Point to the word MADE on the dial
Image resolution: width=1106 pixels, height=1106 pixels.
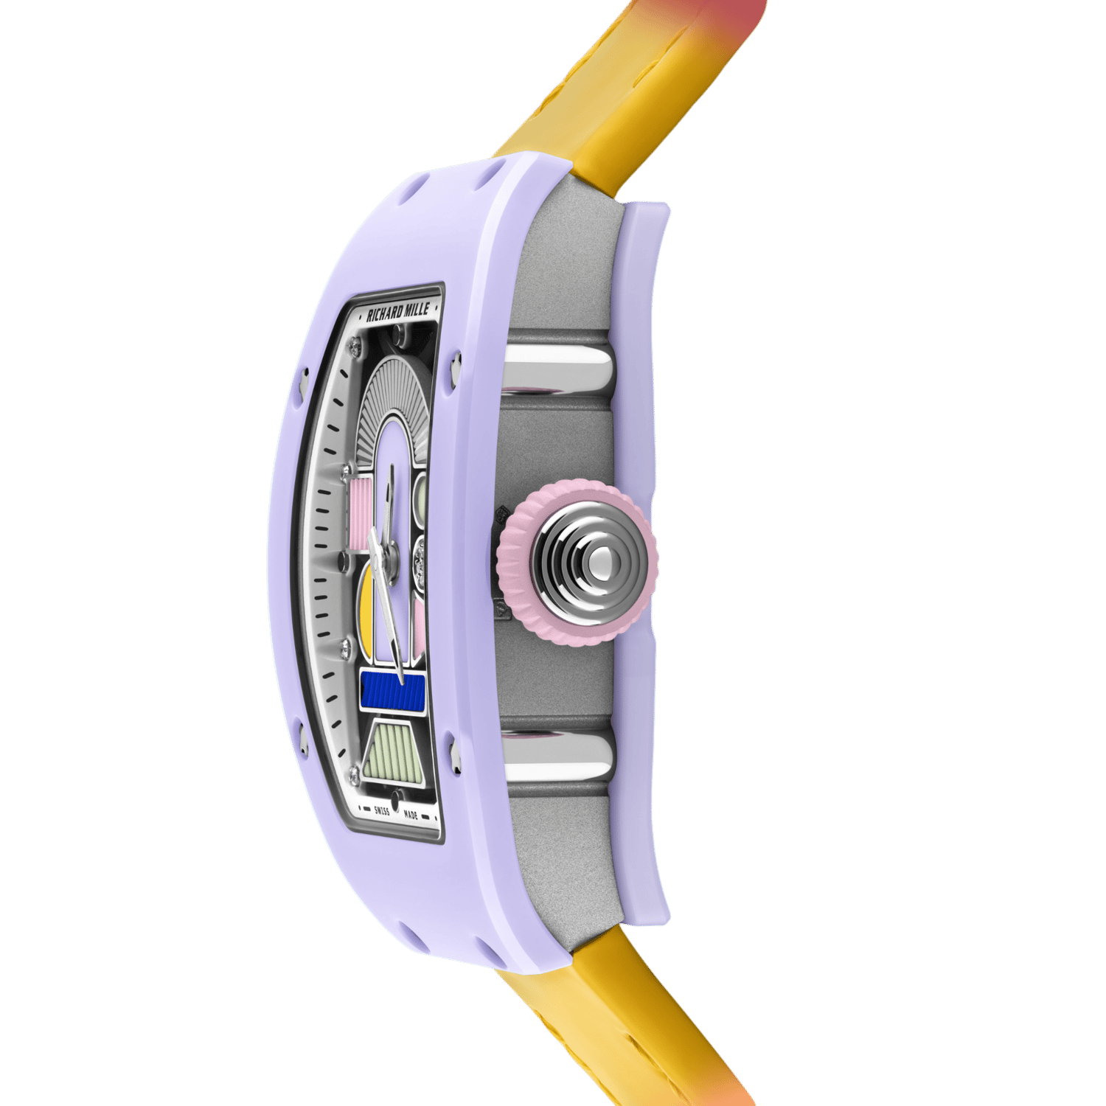point(411,815)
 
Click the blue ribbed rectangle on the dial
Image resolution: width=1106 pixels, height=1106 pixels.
point(392,692)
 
